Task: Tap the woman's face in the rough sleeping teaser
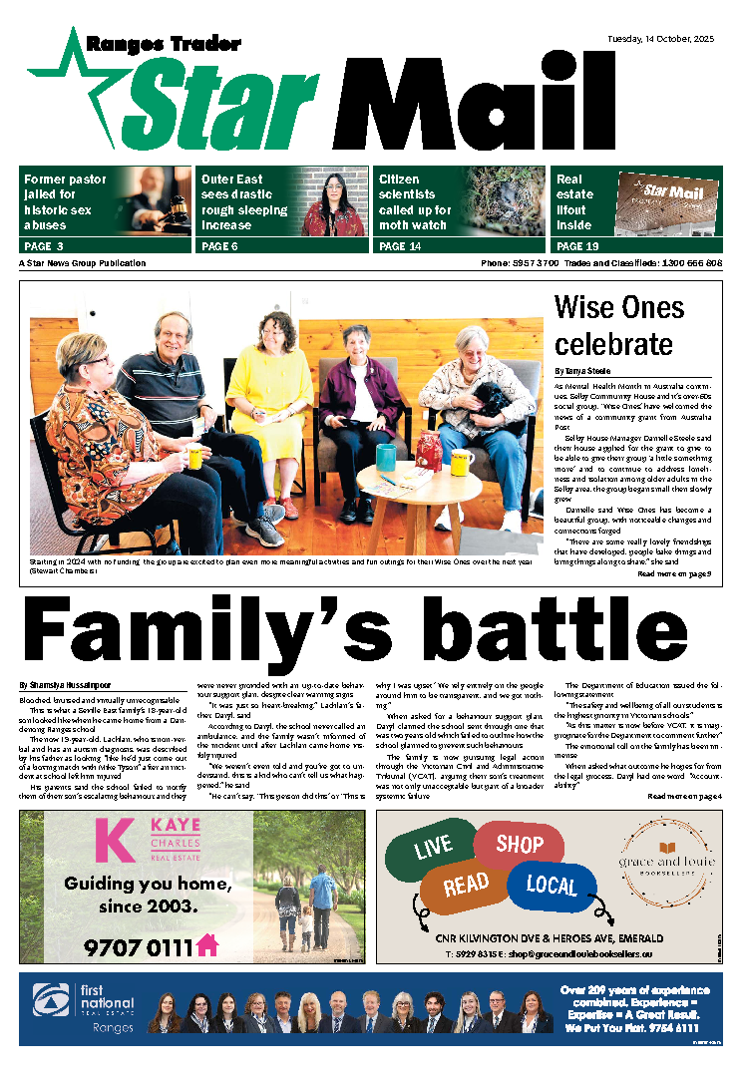pyautogui.click(x=335, y=190)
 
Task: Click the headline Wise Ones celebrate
pyautogui.click(x=613, y=324)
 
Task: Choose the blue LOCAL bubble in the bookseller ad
pyautogui.click(x=552, y=884)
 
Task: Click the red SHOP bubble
pyautogui.click(x=519, y=845)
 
